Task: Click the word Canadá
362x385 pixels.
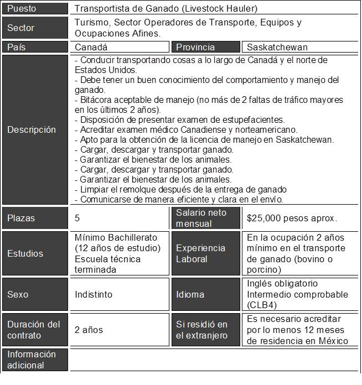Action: click(91, 48)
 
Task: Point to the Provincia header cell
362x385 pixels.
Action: click(196, 48)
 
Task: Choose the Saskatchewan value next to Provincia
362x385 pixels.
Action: click(277, 48)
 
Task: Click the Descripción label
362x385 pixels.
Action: click(32, 130)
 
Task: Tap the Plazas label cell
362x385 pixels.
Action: click(22, 218)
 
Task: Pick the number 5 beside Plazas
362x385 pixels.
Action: click(77, 218)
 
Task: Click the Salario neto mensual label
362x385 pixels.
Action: click(201, 218)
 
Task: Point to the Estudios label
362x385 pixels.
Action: click(25, 254)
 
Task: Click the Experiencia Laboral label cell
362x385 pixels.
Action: click(200, 254)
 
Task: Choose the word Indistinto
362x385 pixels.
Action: click(93, 295)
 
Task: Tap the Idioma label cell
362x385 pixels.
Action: click(190, 295)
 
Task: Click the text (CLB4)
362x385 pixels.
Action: click(262, 305)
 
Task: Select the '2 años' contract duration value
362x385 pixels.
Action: click(89, 330)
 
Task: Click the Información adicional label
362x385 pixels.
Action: click(32, 360)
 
